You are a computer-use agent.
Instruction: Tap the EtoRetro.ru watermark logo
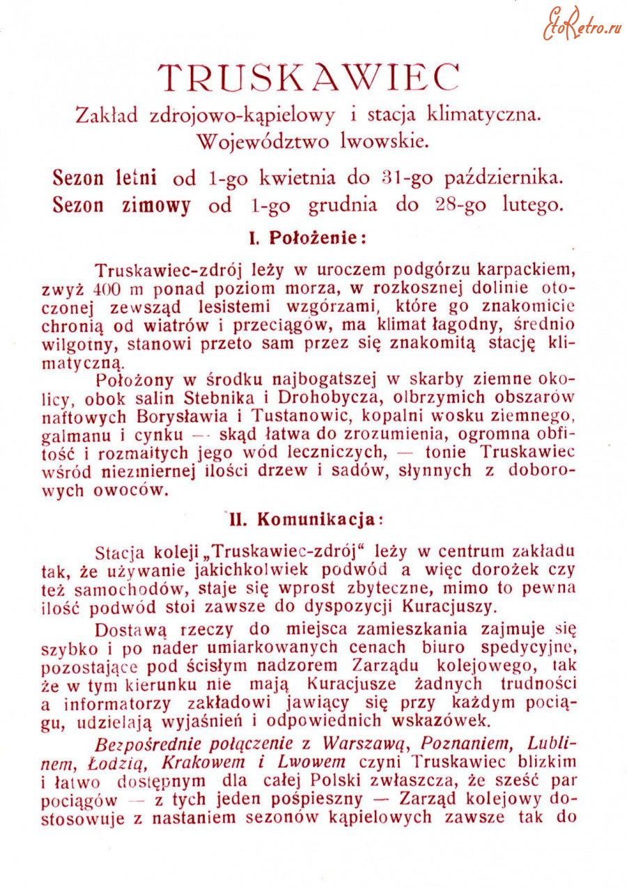coord(582,24)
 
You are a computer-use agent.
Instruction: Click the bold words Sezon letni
coord(104,178)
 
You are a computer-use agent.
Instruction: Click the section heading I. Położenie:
coord(308,237)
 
